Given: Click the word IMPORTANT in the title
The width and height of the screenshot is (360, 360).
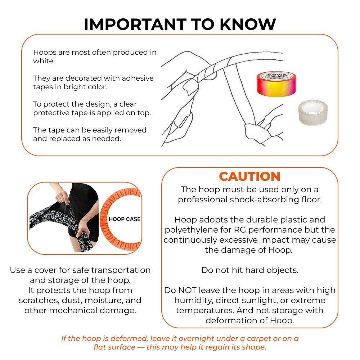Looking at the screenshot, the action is (x=135, y=24).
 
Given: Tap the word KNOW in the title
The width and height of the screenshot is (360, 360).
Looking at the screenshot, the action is (x=248, y=24).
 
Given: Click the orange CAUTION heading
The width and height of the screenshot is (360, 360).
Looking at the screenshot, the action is (x=249, y=176).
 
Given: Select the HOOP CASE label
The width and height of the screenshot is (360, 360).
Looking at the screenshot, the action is (x=125, y=219).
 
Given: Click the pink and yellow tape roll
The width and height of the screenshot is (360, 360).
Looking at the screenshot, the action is (x=276, y=84).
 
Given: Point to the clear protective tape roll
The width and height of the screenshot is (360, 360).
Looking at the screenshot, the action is (x=313, y=112).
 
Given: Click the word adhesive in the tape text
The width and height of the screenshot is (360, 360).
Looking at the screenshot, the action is (x=138, y=78).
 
